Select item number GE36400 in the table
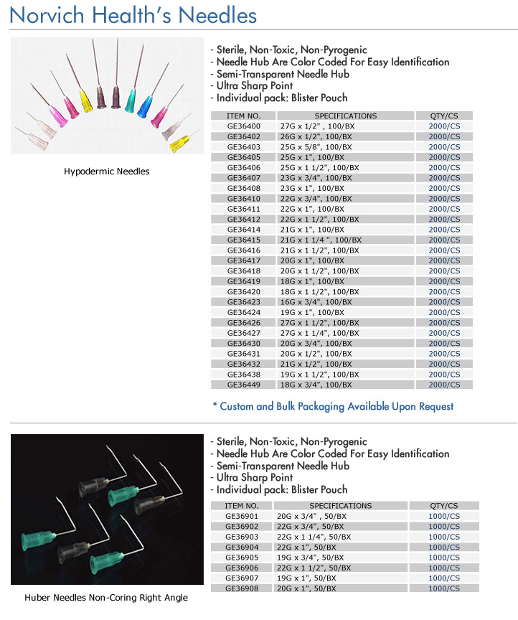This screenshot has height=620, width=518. pyautogui.click(x=243, y=126)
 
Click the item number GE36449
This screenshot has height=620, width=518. pyautogui.click(x=243, y=385)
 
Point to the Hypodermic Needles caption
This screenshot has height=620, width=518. pyautogui.click(x=107, y=172)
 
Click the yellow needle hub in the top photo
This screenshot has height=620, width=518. pyautogui.click(x=87, y=100)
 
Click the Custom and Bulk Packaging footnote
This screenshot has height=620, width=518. pyautogui.click(x=333, y=406)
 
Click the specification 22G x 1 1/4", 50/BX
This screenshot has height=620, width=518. pyautogui.click(x=314, y=537)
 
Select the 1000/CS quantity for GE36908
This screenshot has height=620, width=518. pyautogui.click(x=443, y=588)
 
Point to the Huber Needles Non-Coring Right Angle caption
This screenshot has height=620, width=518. pyautogui.click(x=106, y=598)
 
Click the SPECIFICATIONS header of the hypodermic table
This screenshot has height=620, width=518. pyautogui.click(x=345, y=116)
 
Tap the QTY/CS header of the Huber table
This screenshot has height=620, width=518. pyautogui.click(x=443, y=505)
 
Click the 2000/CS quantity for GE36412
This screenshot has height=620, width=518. pyautogui.click(x=444, y=219)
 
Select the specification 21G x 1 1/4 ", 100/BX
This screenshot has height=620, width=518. pyautogui.click(x=320, y=240)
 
